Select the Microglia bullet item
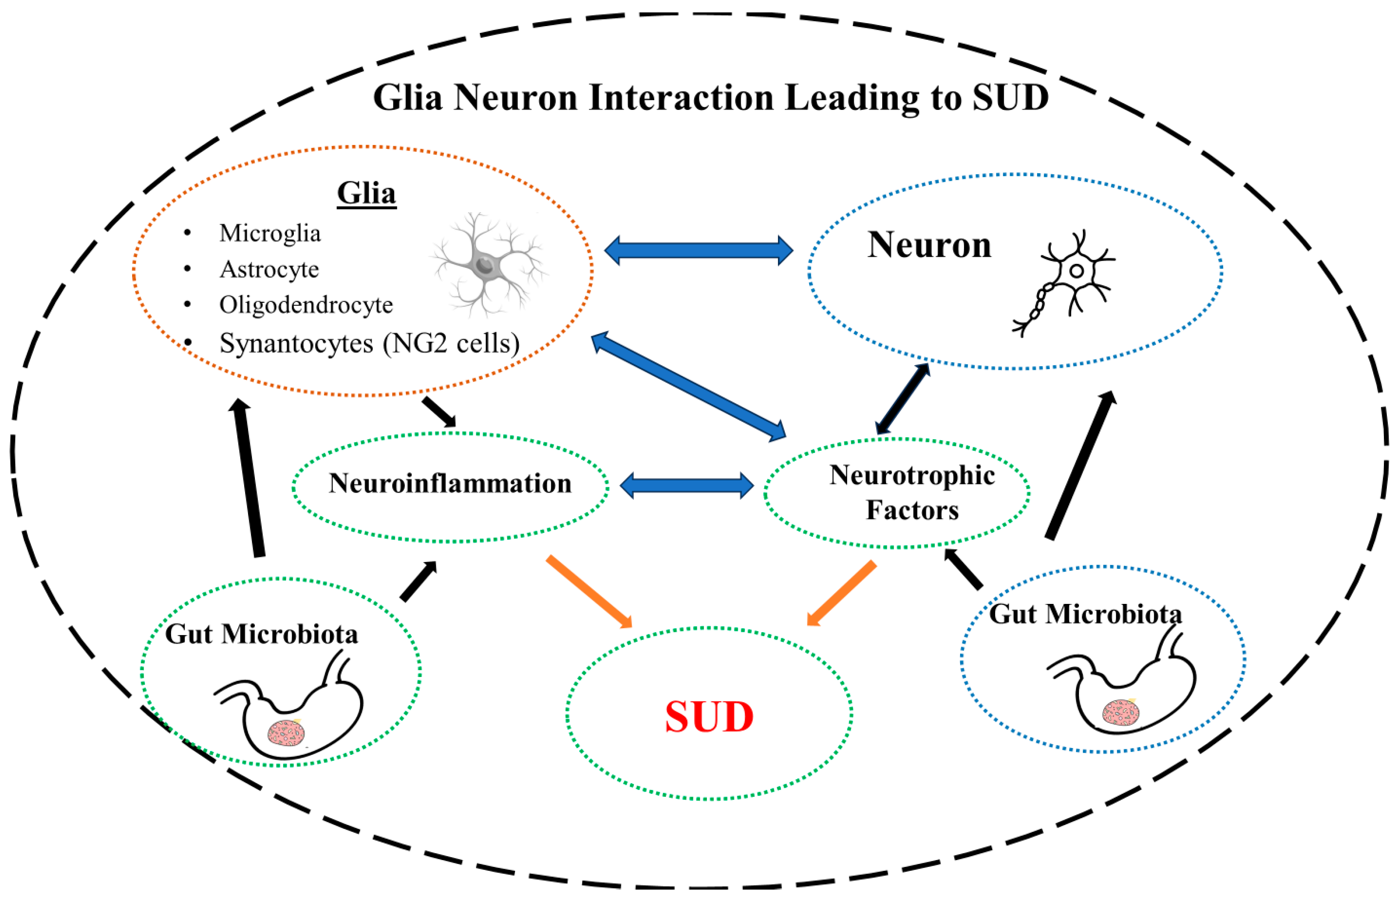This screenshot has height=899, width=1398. click(x=270, y=234)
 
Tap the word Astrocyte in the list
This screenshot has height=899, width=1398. click(x=269, y=269)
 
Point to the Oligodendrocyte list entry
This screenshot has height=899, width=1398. click(x=306, y=305)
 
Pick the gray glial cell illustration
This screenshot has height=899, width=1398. click(x=488, y=266)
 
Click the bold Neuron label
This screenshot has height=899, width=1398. click(x=929, y=245)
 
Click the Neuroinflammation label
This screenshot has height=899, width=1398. click(x=450, y=483)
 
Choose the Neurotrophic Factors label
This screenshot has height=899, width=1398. click(x=912, y=492)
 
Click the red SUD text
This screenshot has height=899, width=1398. click(x=709, y=717)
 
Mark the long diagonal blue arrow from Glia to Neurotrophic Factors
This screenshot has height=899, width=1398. click(x=689, y=387)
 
